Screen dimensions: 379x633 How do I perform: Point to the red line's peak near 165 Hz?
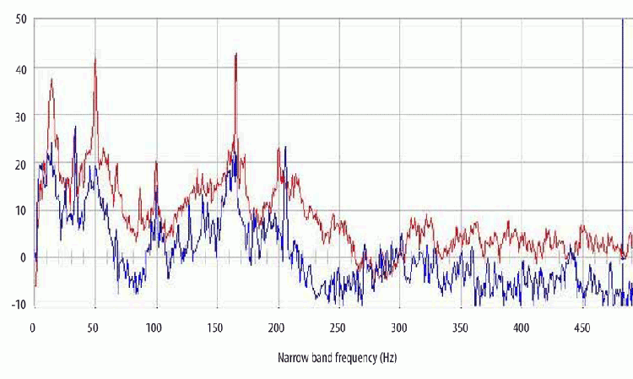click(x=235, y=54)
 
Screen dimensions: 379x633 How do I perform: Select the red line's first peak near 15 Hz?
click(x=51, y=79)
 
